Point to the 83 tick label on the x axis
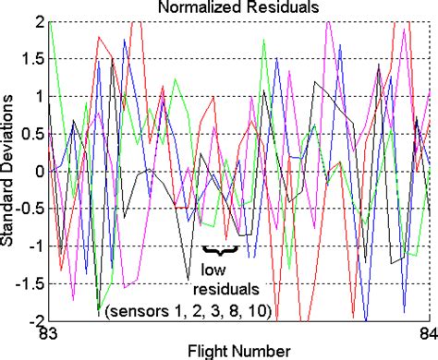pyautogui.click(x=46, y=333)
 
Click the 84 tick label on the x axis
pyautogui.click(x=426, y=333)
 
